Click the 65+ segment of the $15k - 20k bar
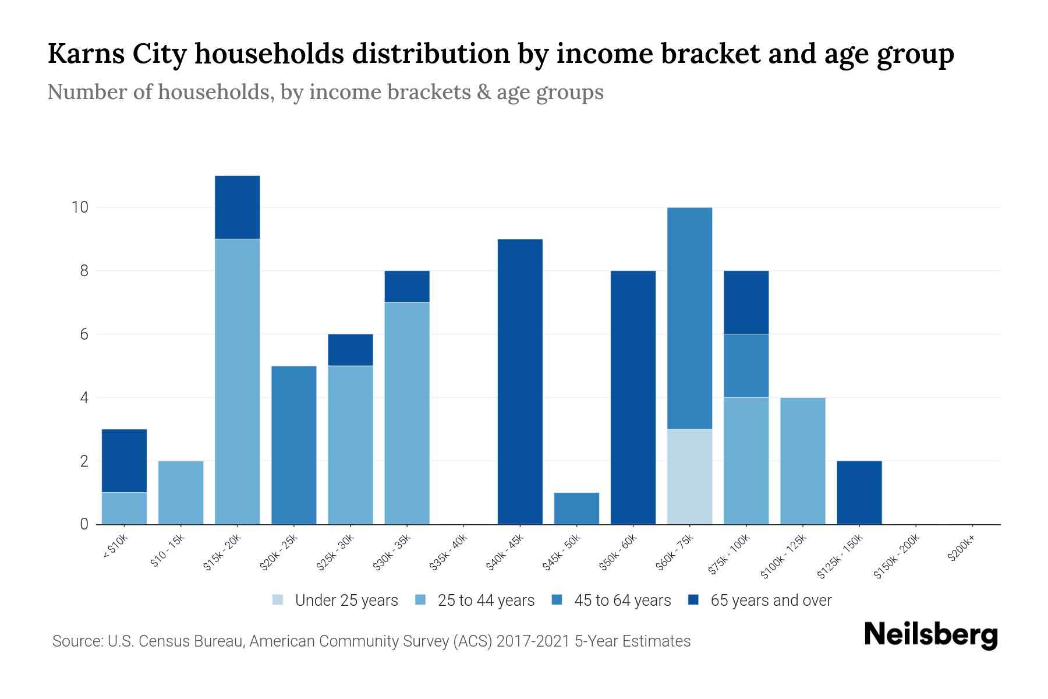click(x=237, y=207)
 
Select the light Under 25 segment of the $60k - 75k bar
click(x=689, y=476)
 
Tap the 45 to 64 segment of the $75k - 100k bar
click(x=746, y=366)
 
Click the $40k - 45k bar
click(x=520, y=382)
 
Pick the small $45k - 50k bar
click(x=576, y=509)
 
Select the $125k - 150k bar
click(x=859, y=493)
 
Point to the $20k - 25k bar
click(x=293, y=445)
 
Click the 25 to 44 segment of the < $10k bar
click(x=124, y=509)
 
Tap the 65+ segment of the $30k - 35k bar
click(x=407, y=287)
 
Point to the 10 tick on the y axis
click(x=79, y=207)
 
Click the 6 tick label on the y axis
click(x=83, y=334)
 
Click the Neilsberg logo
click(x=930, y=635)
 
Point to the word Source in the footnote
click(x=76, y=641)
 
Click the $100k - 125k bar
click(x=802, y=461)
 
